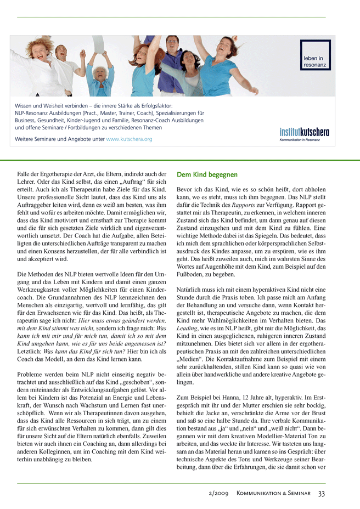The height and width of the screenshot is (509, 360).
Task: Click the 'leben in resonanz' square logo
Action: (x=315, y=55)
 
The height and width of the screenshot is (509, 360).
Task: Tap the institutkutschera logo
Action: (x=304, y=132)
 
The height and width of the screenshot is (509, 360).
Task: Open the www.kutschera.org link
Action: (x=129, y=139)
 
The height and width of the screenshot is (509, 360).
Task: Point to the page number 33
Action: (x=322, y=494)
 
